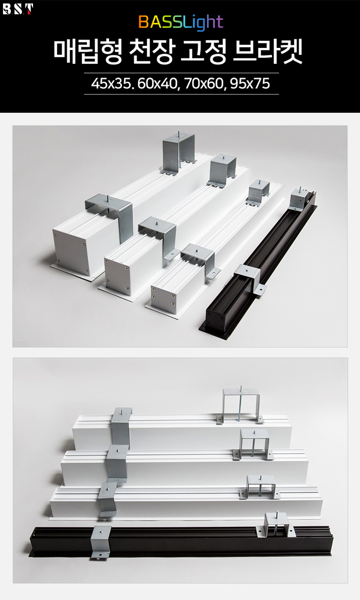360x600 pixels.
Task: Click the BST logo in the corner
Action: click(x=18, y=9)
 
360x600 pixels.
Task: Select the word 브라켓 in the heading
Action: click(x=268, y=52)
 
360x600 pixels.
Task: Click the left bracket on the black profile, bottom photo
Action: click(x=101, y=542)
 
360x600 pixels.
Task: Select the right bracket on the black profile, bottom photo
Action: click(x=276, y=524)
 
